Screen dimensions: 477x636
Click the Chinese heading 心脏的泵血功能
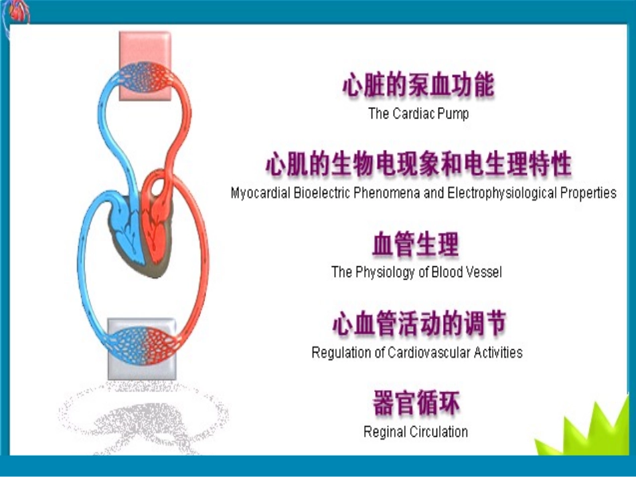pyautogui.click(x=418, y=86)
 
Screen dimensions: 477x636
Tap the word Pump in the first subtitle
pyautogui.click(x=453, y=114)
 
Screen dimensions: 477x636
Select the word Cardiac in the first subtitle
pyautogui.click(x=413, y=114)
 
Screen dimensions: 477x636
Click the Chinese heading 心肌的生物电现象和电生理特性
pyautogui.click(x=418, y=165)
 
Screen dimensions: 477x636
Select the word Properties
pyautogui.click(x=589, y=193)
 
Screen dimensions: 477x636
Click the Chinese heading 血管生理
pyautogui.click(x=415, y=245)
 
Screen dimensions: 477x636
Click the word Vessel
pyautogui.click(x=483, y=272)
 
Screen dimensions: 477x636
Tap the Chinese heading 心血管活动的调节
pyautogui.click(x=418, y=324)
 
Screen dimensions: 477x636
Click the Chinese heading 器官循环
pyautogui.click(x=415, y=404)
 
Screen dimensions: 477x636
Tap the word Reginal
pyautogui.click(x=384, y=432)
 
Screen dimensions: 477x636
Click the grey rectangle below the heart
pyautogui.click(x=142, y=365)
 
